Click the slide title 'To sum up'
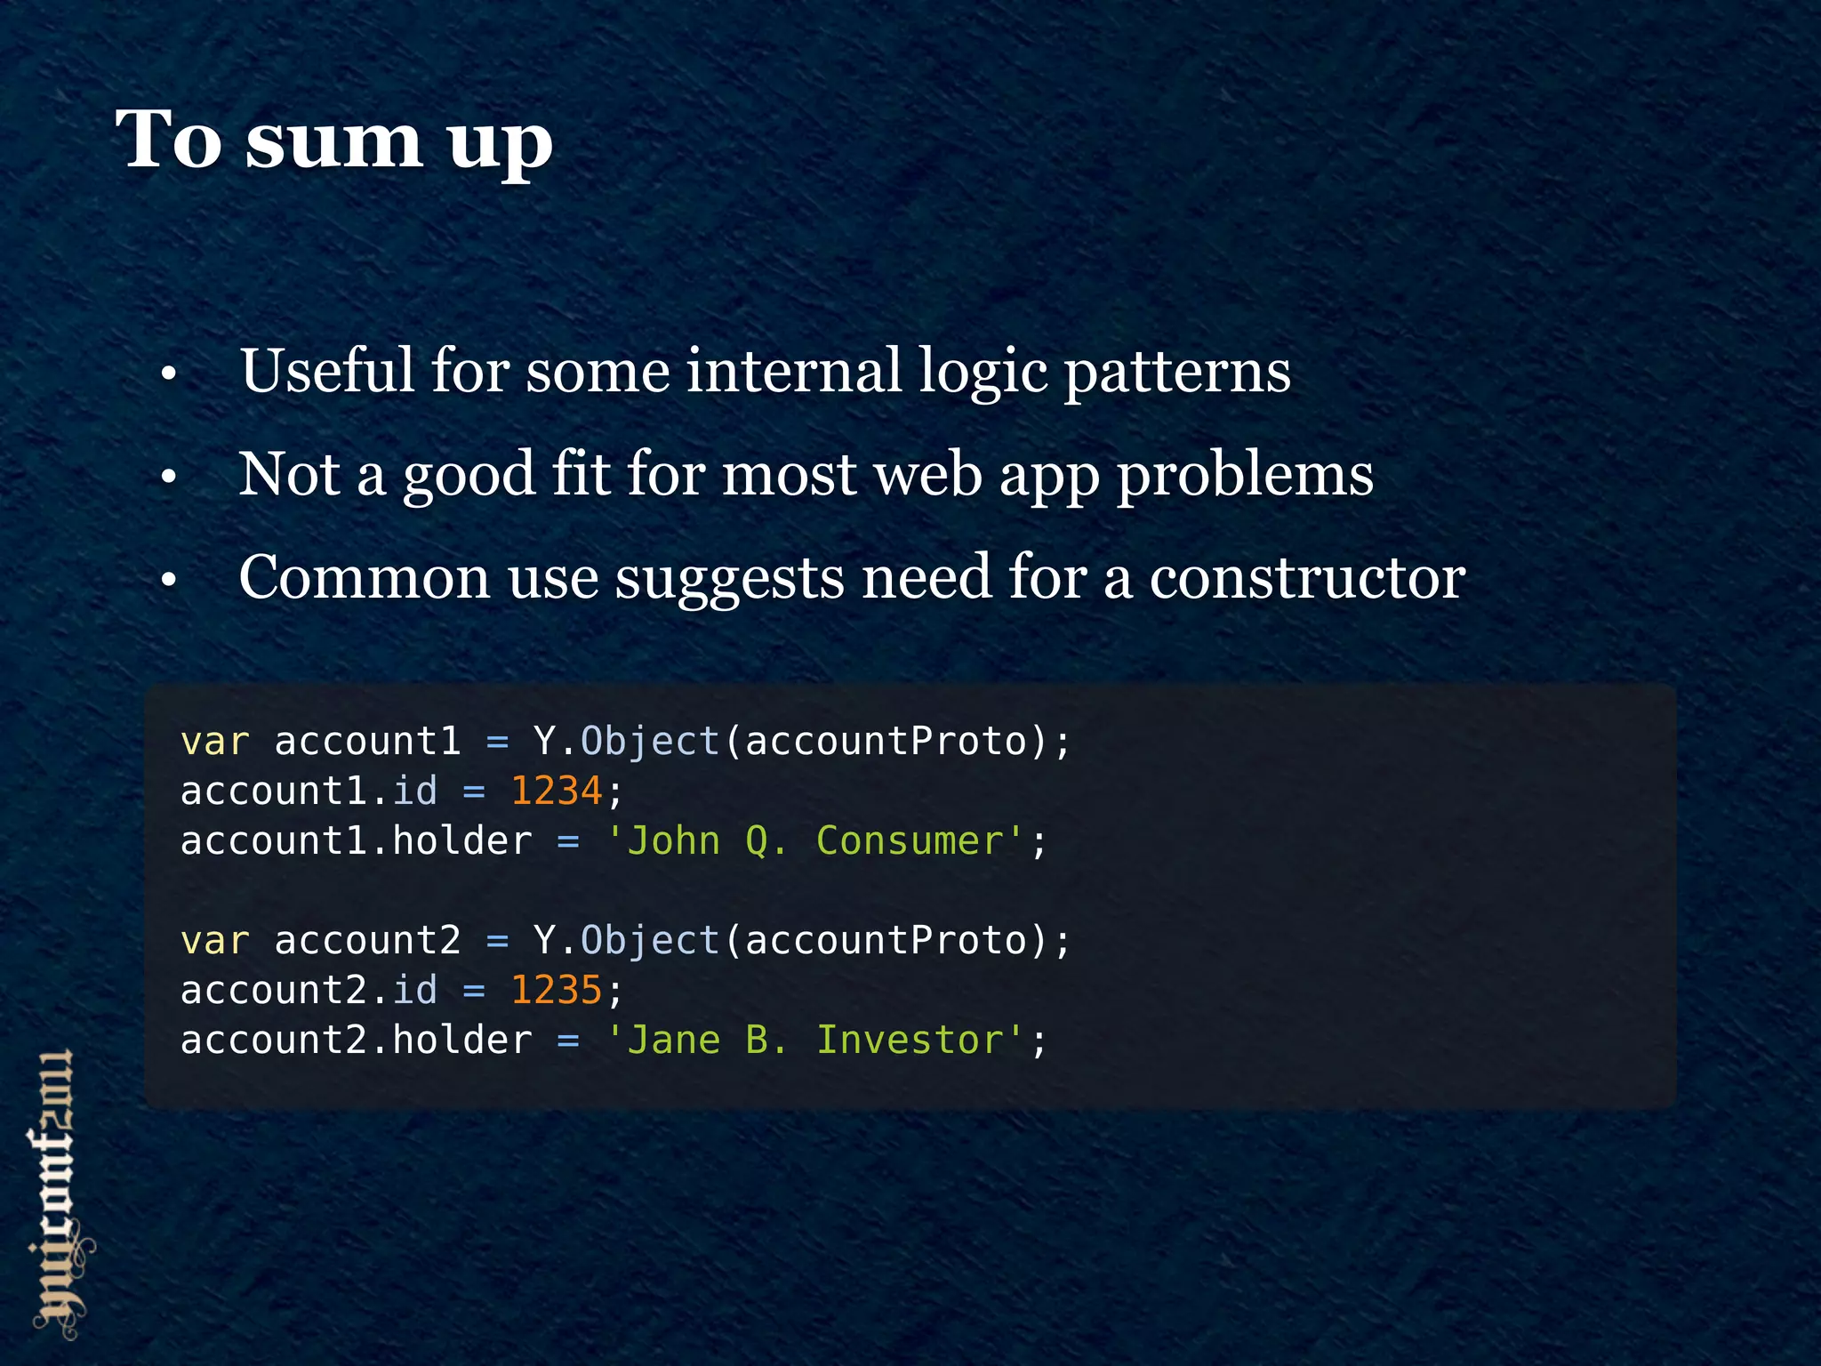[x=334, y=141]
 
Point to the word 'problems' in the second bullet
[x=1245, y=475]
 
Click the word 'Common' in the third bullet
[x=365, y=577]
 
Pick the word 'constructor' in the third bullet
[x=1307, y=578]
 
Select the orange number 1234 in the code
[x=557, y=791]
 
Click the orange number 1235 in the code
[x=557, y=990]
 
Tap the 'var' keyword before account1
[x=215, y=742]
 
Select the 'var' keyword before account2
[x=215, y=941]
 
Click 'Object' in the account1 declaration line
[x=650, y=742]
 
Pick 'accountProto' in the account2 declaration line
[x=886, y=941]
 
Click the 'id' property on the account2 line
[x=415, y=990]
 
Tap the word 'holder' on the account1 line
[x=462, y=840]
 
